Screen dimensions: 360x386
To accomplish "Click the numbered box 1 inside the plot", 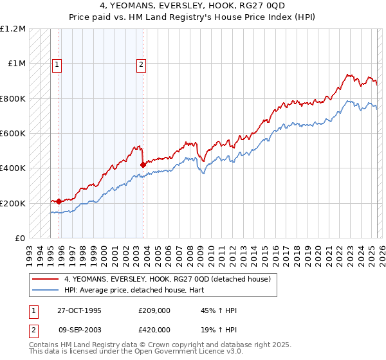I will click(x=57, y=64).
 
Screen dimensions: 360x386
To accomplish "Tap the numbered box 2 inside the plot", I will click(x=141, y=64).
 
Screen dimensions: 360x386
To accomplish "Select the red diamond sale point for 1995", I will click(x=59, y=201).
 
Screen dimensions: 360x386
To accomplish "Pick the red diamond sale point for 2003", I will click(x=143, y=165).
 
